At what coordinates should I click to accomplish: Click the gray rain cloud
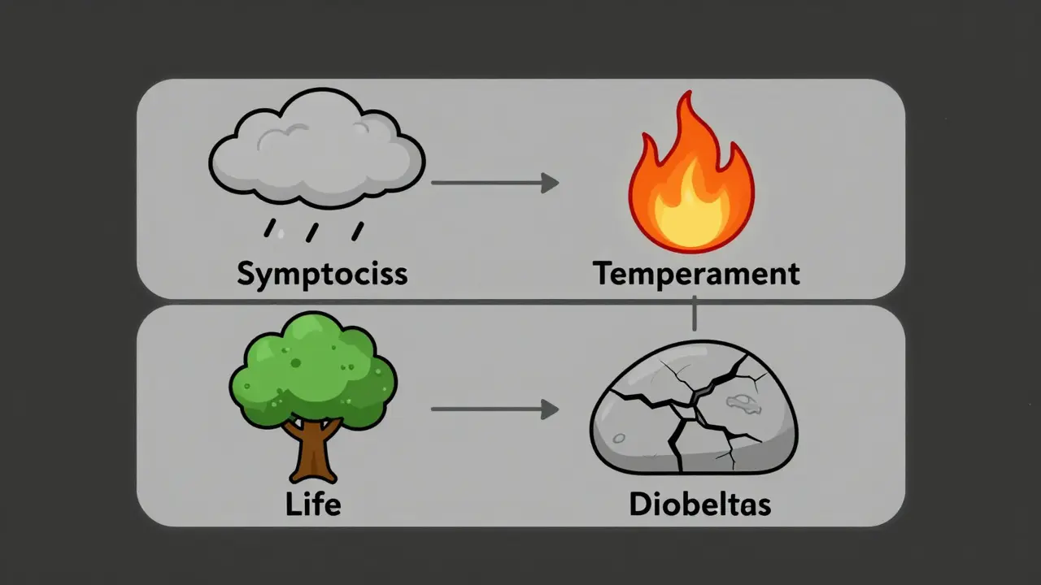point(317,150)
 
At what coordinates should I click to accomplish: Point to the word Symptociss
point(322,274)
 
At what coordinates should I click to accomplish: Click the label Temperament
point(696,274)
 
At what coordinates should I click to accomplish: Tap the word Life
point(313,505)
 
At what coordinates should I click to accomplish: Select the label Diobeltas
point(699,505)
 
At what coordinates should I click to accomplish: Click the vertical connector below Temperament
point(694,314)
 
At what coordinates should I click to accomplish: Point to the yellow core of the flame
point(690,207)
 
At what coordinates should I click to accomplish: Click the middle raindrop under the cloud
point(311,232)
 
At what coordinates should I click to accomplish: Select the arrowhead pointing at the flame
point(551,183)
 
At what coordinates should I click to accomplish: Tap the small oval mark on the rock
point(739,400)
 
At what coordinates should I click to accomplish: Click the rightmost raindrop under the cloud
point(356,231)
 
